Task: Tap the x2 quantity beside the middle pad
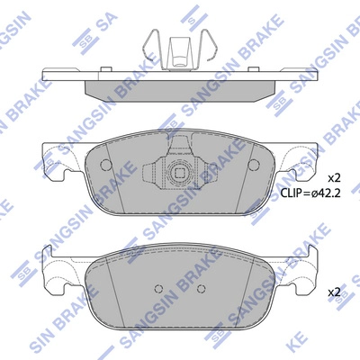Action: tap(334, 176)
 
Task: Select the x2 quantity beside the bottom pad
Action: tap(334, 292)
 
